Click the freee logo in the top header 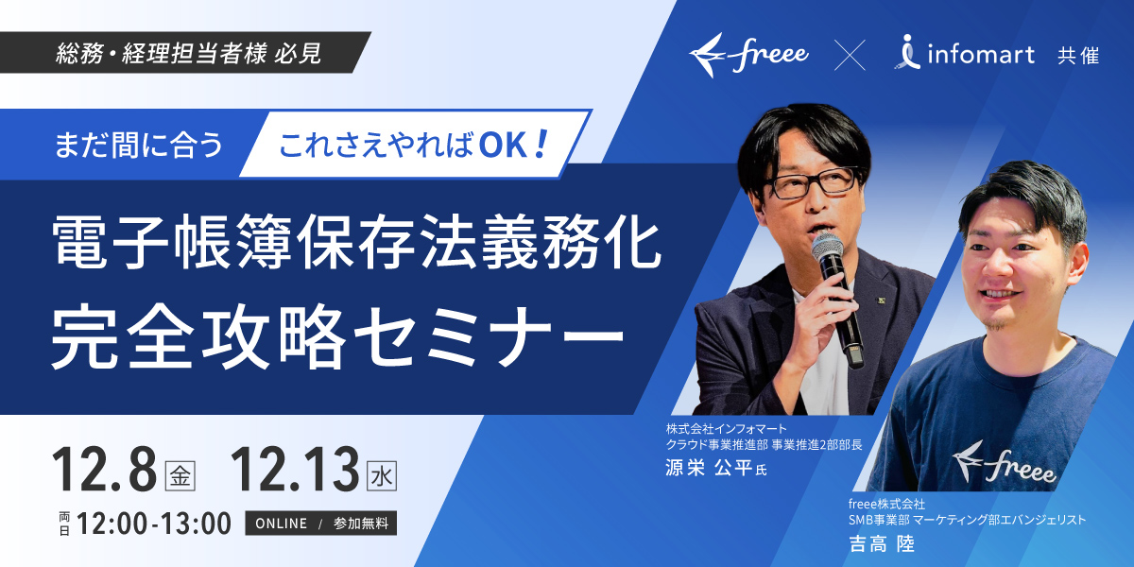coord(748,55)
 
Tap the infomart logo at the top coord(966,53)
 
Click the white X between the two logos coord(850,55)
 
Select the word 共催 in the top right coord(1078,56)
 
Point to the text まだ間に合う coord(139,145)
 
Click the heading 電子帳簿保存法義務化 coord(357,241)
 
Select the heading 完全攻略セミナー coord(337,336)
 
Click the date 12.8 coord(104,470)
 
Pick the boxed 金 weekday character coord(180,476)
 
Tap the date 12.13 coord(295,470)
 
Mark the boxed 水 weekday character coord(382,476)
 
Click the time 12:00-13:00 coord(154,524)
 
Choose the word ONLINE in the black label coord(282,524)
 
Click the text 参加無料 coord(361,524)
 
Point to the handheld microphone coord(837,299)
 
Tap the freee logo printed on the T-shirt coord(1004,462)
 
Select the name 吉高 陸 coord(882,544)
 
